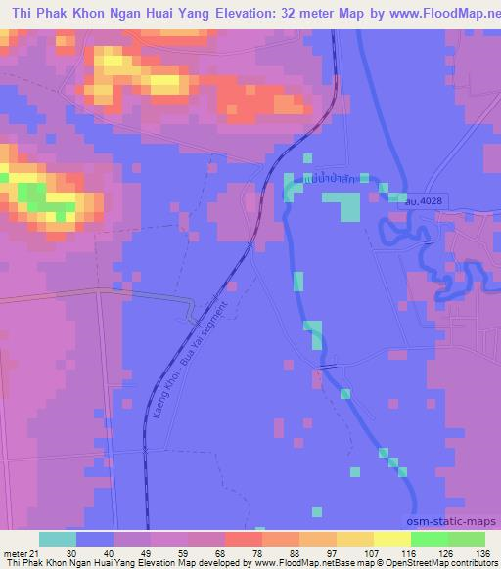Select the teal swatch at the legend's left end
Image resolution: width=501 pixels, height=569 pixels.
(57, 538)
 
